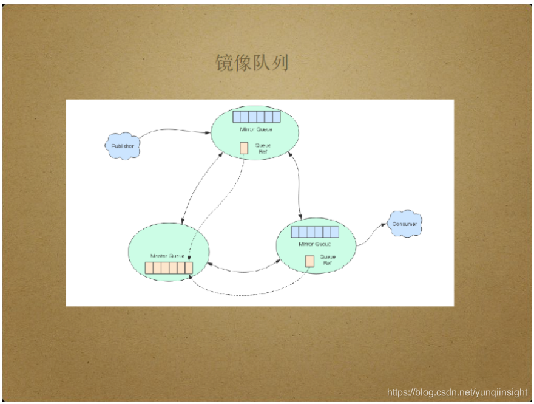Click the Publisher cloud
[123, 146]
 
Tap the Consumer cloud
[405, 224]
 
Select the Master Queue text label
[167, 256]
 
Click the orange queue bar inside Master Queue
[169, 268]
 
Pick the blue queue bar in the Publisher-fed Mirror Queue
[257, 117]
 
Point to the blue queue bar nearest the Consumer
[314, 231]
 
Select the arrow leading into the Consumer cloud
[371, 233]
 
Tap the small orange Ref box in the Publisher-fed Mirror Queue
[243, 148]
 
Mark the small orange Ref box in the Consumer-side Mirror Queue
[309, 261]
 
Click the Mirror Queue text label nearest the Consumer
[314, 244]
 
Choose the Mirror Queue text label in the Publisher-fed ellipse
[256, 129]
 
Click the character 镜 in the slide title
[226, 63]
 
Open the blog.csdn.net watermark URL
[457, 392]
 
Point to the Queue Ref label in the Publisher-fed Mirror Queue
[262, 148]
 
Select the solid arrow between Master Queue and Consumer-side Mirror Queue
[243, 268]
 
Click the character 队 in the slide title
[261, 63]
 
